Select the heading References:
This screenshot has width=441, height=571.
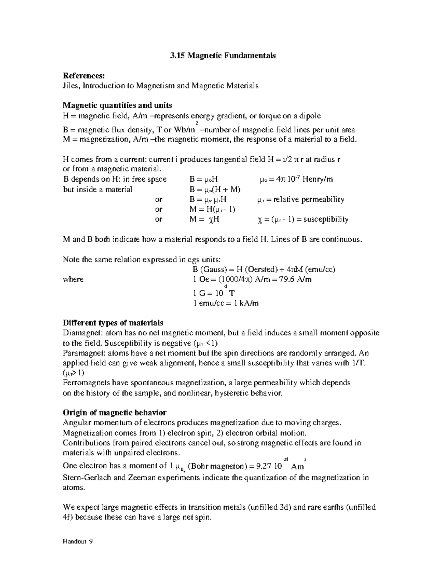click(84, 76)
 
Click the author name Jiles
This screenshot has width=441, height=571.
click(72, 86)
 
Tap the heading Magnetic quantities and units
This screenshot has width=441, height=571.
click(118, 106)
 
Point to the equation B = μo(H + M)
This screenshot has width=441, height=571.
click(215, 190)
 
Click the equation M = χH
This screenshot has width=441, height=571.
click(205, 220)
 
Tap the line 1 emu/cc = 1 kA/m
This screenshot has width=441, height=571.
click(226, 303)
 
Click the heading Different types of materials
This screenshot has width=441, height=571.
click(113, 323)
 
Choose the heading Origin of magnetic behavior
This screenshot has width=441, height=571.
click(115, 413)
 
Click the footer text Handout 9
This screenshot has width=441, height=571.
click(78, 542)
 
